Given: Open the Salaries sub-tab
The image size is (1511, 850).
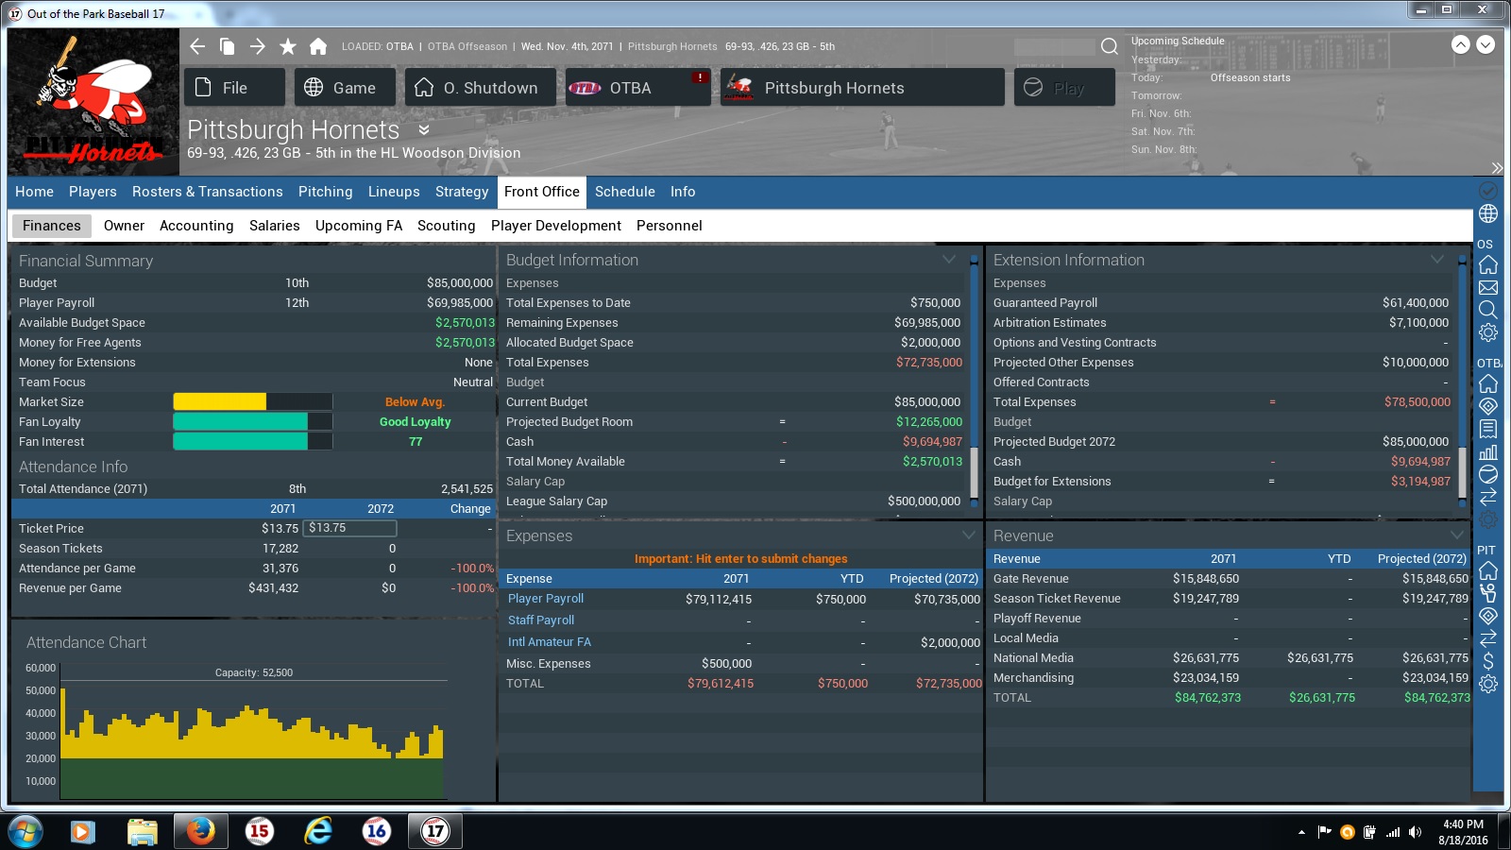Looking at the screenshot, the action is coord(274,226).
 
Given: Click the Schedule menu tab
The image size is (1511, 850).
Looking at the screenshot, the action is coord(624,192).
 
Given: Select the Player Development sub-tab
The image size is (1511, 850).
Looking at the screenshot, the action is coord(556,226).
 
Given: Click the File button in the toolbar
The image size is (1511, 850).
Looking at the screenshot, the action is coord(234,88).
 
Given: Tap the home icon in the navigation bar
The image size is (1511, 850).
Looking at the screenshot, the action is coord(318,46).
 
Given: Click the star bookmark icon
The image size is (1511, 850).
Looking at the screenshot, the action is coord(288,46).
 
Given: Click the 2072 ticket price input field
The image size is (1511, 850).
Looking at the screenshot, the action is coord(349,528).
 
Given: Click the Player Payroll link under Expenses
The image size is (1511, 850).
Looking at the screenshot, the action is coord(545,599).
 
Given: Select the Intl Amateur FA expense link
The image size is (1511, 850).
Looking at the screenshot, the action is coord(549,641).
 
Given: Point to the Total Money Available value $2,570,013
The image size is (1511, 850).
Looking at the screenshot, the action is coord(932,462).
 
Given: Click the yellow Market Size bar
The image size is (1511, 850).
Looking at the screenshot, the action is coord(220,402).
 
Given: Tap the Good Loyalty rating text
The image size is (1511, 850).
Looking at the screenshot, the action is coord(415,421).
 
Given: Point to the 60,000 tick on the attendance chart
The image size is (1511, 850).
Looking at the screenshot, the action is coord(41,668).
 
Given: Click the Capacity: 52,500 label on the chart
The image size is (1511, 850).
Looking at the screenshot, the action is coord(254,672).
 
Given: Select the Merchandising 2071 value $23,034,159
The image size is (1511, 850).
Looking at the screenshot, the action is coord(1205,677).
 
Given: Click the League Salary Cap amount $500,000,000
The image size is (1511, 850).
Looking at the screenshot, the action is coord(924,501).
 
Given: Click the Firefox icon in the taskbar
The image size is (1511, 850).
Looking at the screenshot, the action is coord(200,830).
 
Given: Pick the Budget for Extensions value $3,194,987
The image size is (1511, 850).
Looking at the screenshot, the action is coord(1420,481).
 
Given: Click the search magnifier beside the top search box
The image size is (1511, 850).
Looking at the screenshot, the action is coord(1109,46).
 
